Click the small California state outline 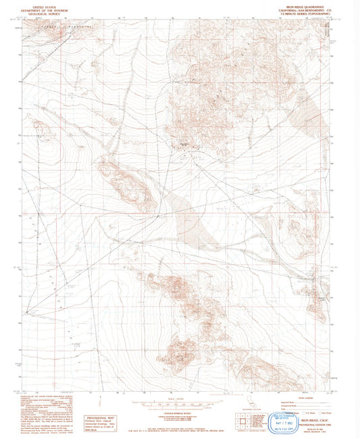pos(253,406)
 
